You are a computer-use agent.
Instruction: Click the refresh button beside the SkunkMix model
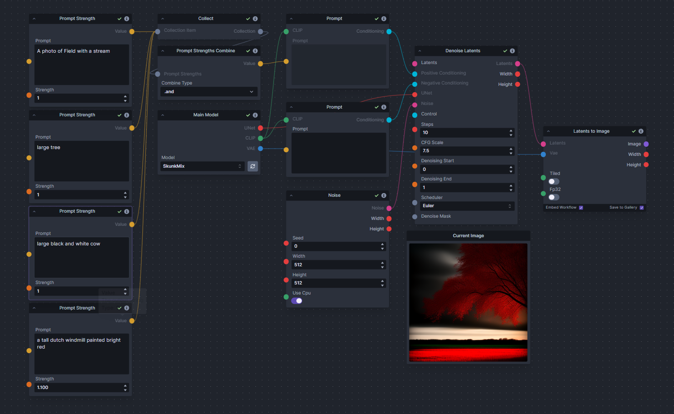[x=253, y=166]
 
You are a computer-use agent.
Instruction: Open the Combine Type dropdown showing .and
[x=209, y=92]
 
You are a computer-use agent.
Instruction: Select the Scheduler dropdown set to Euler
[x=467, y=206]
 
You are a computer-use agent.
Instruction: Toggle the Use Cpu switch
[x=297, y=301]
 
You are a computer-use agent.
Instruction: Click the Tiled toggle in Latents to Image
[x=554, y=182]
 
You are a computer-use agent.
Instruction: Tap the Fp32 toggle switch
[x=554, y=197]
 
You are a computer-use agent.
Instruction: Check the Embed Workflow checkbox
[x=581, y=208]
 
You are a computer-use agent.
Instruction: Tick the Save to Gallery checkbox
[x=642, y=208]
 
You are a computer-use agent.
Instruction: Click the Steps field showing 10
[x=464, y=133]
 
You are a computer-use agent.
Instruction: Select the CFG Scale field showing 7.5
[x=464, y=151]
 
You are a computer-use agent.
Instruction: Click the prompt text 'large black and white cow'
[x=69, y=244]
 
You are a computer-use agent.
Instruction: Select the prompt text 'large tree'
[x=49, y=148]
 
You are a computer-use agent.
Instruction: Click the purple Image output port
[x=646, y=144]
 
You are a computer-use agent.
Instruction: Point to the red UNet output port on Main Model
[x=260, y=128]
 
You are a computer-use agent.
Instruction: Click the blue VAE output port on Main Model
[x=260, y=149]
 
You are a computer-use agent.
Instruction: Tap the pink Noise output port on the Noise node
[x=389, y=208]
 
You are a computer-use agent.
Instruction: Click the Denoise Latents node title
[x=463, y=51]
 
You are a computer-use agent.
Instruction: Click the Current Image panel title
[x=468, y=236]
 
